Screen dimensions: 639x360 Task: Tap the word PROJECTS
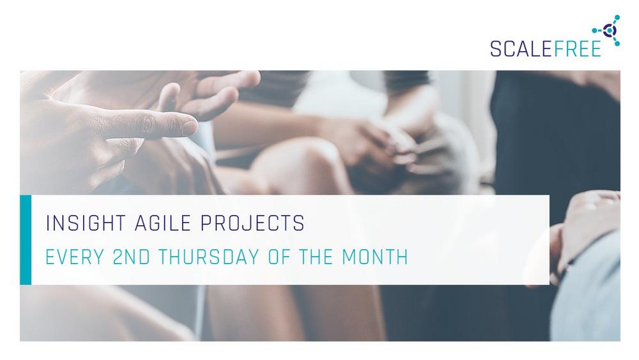tap(252, 223)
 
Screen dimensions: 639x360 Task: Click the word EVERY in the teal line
tap(75, 257)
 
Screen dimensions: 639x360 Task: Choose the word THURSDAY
tap(209, 257)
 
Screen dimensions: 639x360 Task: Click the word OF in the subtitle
tap(279, 257)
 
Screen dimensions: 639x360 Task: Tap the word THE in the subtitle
tap(316, 257)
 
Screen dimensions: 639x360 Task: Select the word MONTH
tap(375, 257)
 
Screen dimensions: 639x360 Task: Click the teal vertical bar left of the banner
tap(26, 240)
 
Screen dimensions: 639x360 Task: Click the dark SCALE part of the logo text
tap(521, 49)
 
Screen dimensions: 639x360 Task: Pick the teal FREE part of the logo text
tap(577, 49)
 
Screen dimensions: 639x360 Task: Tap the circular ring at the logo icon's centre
tap(610, 30)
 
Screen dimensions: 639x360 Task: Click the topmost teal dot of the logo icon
tap(617, 17)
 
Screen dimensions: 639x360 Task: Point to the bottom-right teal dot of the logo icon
tap(617, 43)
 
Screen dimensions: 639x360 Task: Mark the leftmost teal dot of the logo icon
tap(594, 30)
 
